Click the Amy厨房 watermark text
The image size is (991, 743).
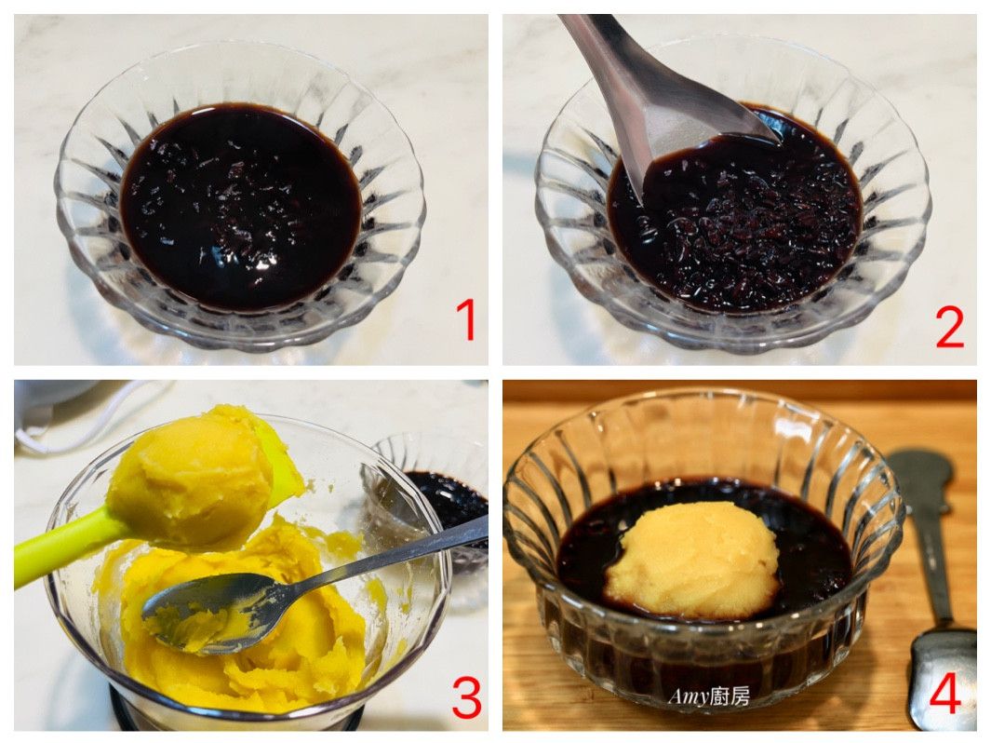point(709,696)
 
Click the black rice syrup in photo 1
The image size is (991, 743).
point(240,206)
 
